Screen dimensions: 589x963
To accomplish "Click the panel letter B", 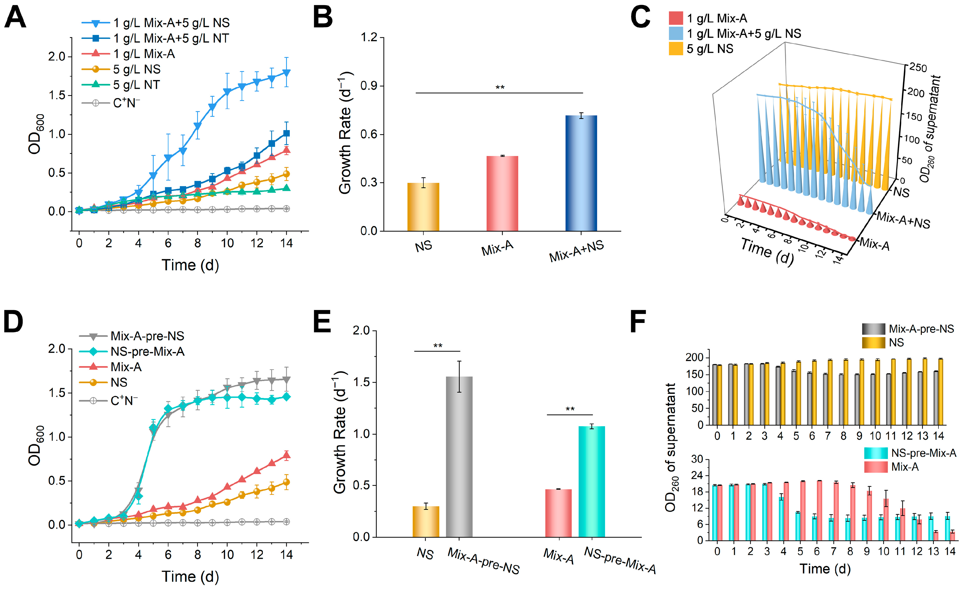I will tap(323, 17).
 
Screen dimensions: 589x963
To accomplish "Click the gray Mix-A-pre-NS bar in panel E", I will tap(459, 456).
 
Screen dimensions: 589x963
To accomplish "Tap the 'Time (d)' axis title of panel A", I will tap(190, 265).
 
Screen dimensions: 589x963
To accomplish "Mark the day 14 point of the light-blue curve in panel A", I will tap(287, 73).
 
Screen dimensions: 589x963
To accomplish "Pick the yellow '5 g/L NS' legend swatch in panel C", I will tap(676, 49).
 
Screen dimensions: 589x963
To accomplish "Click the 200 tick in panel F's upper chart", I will tap(694, 357).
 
